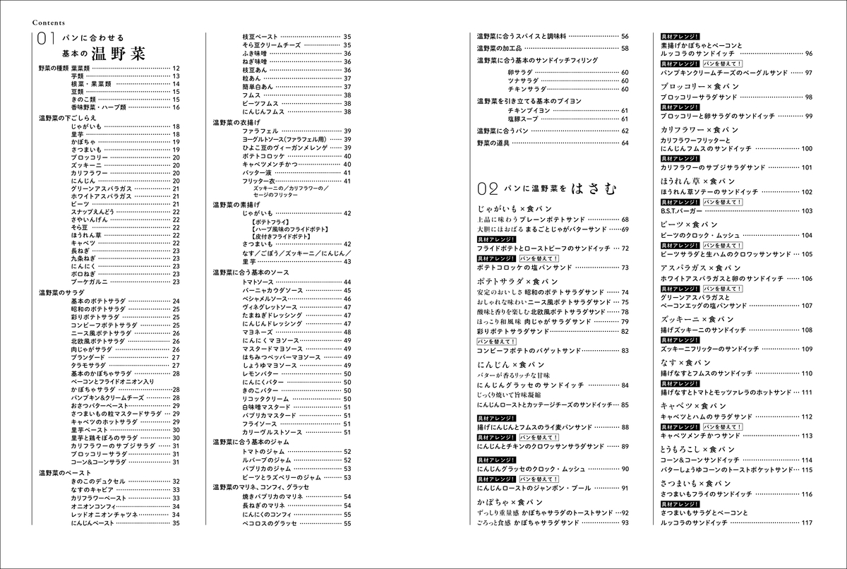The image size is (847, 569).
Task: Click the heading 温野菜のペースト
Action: point(63,472)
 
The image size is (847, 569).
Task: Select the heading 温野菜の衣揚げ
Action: point(238,122)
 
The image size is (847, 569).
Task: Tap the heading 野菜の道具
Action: point(493,143)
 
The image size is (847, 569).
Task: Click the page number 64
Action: point(625,143)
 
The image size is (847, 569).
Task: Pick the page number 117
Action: point(808,522)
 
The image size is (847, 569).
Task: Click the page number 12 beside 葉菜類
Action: point(176,68)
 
